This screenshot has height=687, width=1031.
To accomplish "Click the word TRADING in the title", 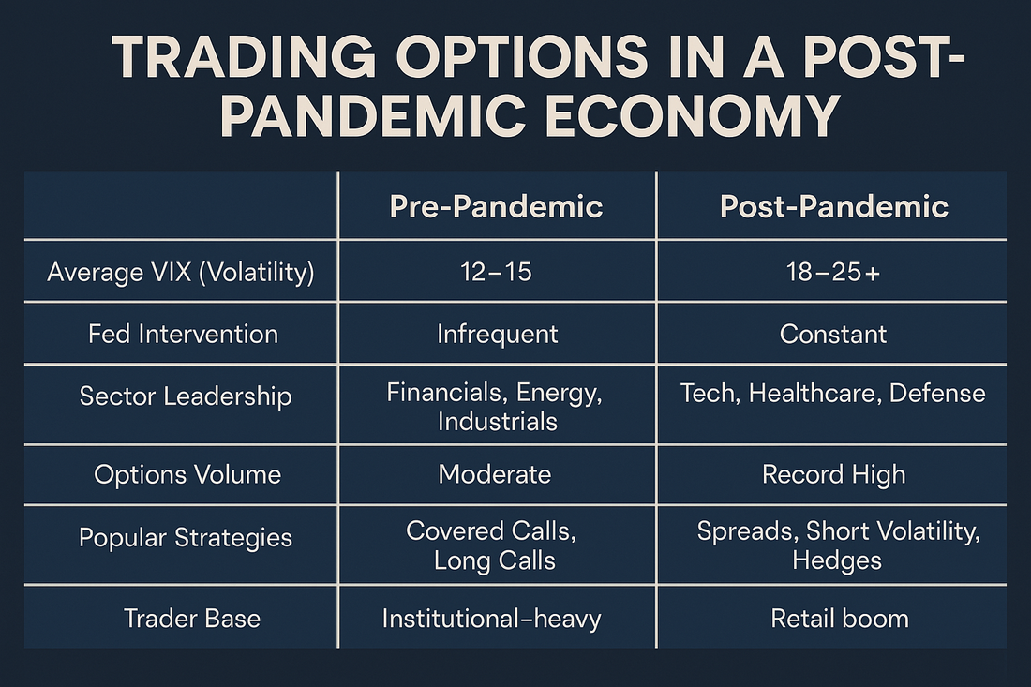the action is [244, 56].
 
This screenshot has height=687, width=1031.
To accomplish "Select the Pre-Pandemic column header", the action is [496, 206].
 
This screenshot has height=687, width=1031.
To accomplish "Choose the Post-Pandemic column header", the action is [834, 206].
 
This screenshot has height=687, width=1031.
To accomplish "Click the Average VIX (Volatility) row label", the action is [181, 272].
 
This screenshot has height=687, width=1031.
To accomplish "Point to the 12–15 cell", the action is [496, 272].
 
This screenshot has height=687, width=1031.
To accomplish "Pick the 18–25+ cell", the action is [833, 272].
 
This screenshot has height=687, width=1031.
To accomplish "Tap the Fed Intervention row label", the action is [183, 334].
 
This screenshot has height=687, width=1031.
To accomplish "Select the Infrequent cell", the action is [497, 334].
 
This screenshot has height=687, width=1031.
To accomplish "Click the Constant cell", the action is [833, 334].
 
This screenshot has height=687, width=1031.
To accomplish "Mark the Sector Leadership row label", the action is [186, 396].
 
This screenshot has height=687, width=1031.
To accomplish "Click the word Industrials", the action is [497, 422].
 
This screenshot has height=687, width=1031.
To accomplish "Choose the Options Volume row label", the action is [187, 474].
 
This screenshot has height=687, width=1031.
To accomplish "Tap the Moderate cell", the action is [495, 474].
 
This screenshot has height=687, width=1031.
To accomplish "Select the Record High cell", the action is [834, 474].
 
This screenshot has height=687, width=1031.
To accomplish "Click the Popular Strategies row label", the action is [186, 537].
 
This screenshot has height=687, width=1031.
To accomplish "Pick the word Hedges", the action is [836, 560].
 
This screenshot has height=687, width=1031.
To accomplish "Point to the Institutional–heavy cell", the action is [492, 619].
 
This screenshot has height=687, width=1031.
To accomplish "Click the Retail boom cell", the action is [840, 619].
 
